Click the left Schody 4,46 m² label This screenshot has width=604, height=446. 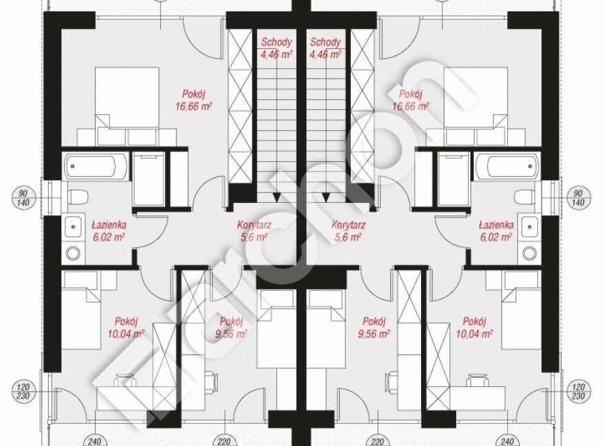pyautogui.click(x=276, y=48)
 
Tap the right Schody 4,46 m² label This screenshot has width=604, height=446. pyautogui.click(x=325, y=48)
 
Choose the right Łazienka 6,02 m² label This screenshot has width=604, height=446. pyautogui.click(x=496, y=231)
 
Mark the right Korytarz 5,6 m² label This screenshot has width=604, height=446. pyautogui.click(x=349, y=231)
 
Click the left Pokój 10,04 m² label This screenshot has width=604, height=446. pyautogui.click(x=126, y=327)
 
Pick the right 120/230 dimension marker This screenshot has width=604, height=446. pyautogui.click(x=579, y=392)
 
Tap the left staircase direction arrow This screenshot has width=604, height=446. pyautogui.click(x=277, y=198)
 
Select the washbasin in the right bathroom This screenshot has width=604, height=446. pyautogui.click(x=530, y=227)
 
